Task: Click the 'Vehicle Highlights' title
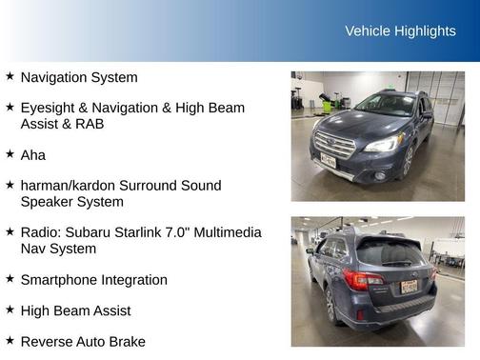[400, 31]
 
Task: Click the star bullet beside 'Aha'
[10, 153]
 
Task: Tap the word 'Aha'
[33, 154]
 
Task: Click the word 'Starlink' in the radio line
[152, 232]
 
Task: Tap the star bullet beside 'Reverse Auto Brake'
[10, 340]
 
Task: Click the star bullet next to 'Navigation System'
[10, 76]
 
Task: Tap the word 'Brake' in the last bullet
[127, 341]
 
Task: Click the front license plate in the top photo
[329, 160]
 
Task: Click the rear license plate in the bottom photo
[408, 286]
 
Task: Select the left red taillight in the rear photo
[362, 279]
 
